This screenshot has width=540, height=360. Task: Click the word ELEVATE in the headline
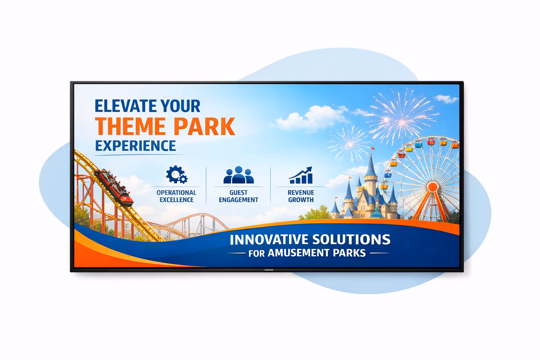[x=125, y=106]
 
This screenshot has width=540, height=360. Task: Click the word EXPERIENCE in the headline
[x=135, y=146]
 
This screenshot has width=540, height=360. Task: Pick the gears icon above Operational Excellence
[x=176, y=175]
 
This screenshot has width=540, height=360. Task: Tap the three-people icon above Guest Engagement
[x=239, y=175]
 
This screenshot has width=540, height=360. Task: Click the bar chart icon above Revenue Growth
[x=301, y=175]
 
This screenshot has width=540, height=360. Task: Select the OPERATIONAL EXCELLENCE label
[x=176, y=196]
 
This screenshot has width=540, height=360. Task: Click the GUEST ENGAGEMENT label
[x=239, y=196]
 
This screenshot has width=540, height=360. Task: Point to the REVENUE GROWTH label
[x=301, y=196]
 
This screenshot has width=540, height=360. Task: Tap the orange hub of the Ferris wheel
[x=433, y=186]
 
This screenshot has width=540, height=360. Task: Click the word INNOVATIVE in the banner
[x=269, y=240]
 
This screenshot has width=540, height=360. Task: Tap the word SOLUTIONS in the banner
[x=351, y=240]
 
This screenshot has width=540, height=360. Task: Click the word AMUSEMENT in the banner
[x=298, y=253]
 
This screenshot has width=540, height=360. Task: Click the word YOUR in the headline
[x=180, y=106]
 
